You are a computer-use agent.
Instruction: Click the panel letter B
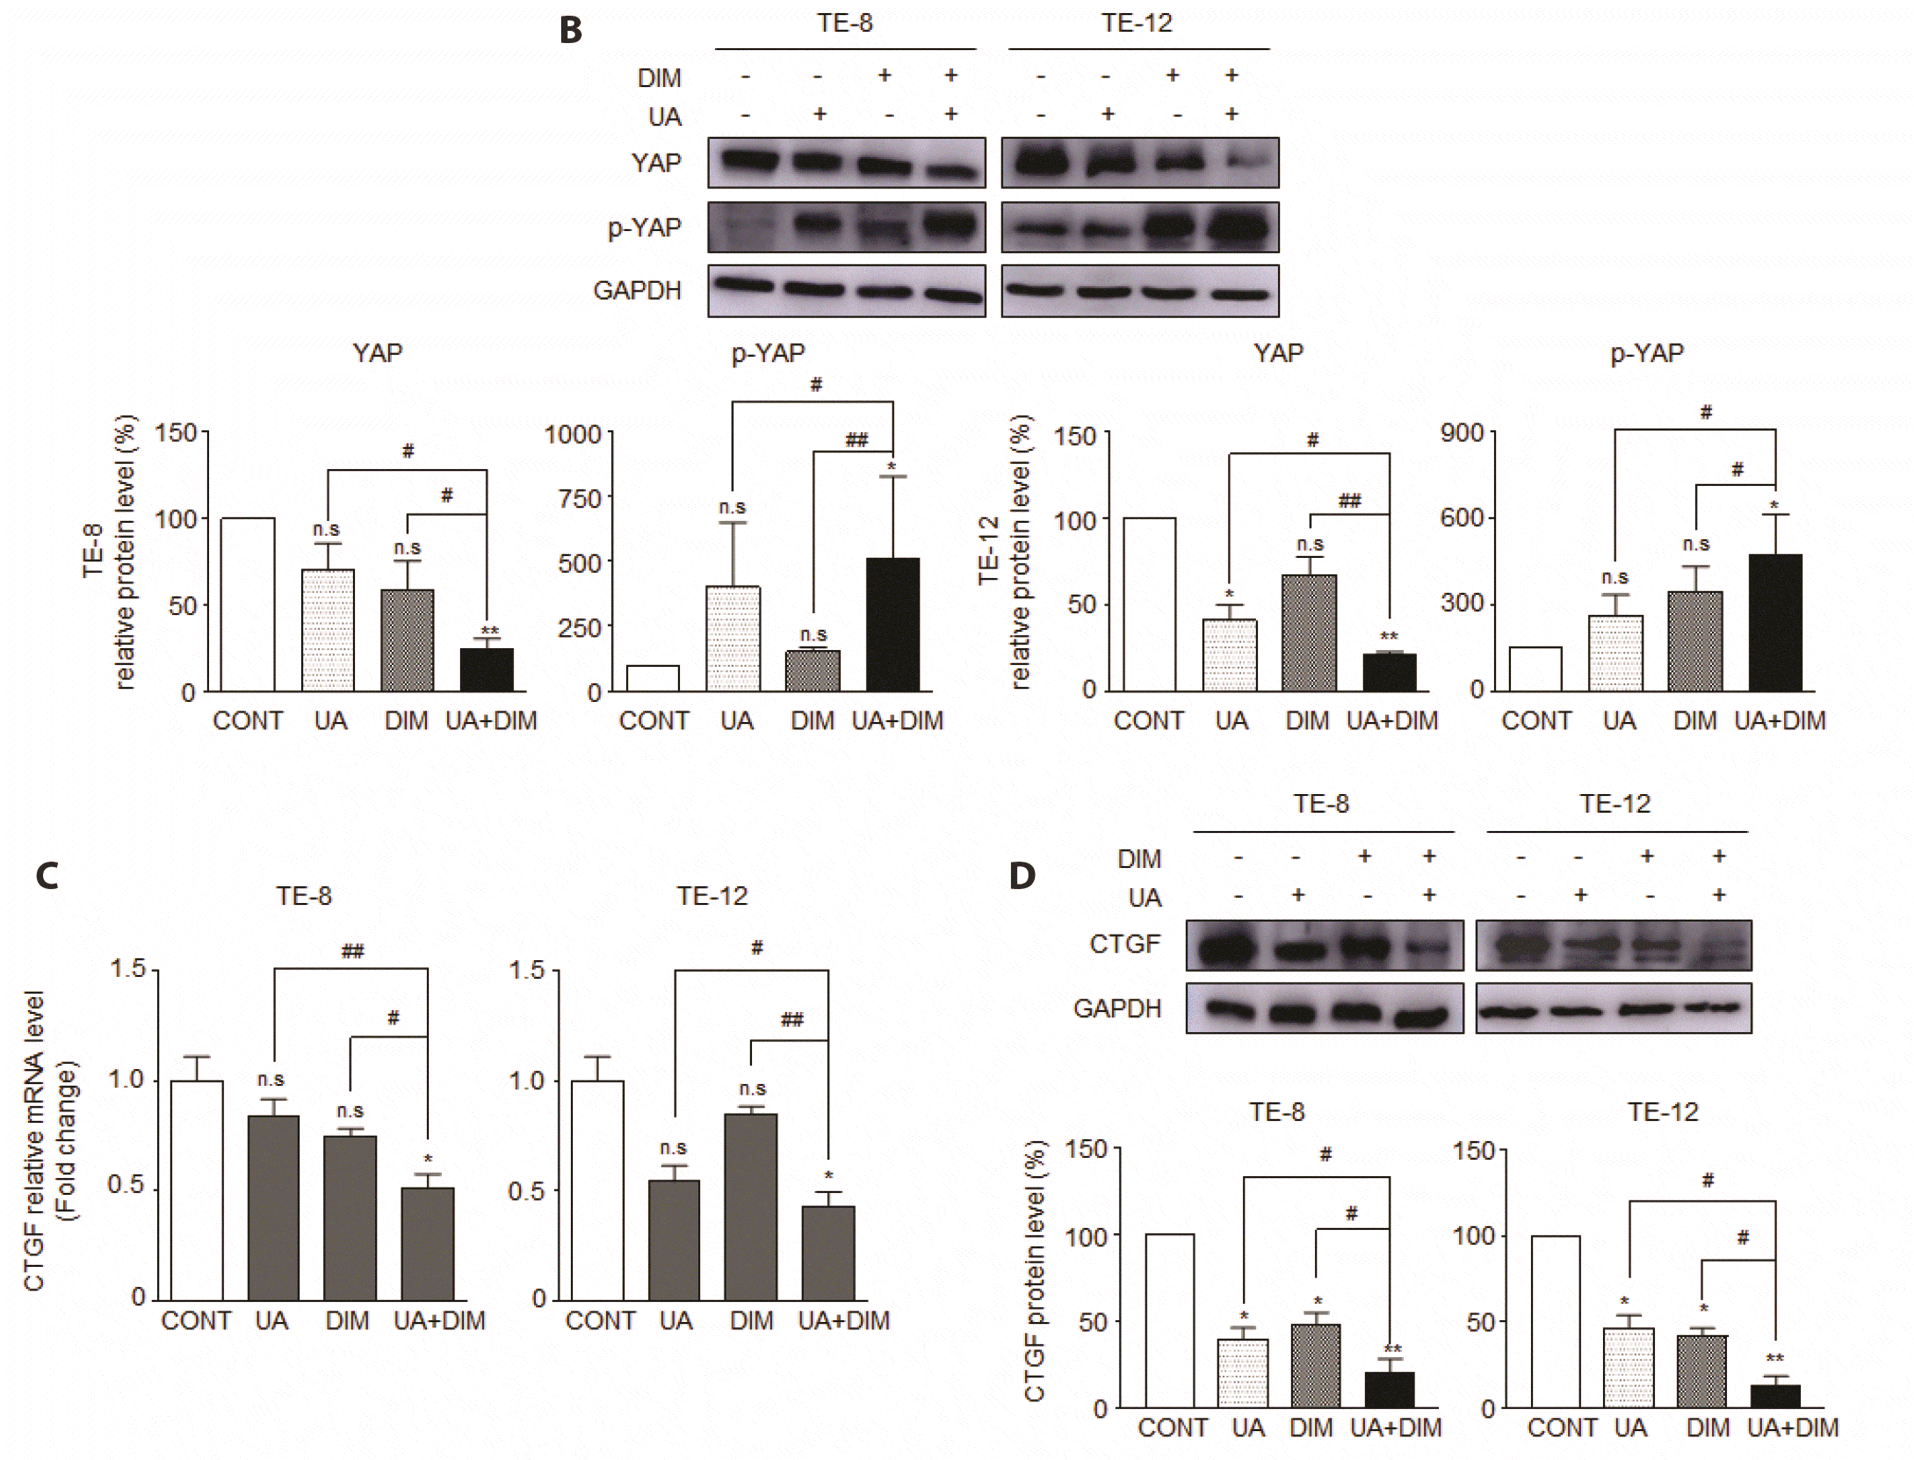(x=570, y=30)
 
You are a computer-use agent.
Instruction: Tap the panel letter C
(x=47, y=875)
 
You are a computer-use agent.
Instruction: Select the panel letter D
(x=1022, y=875)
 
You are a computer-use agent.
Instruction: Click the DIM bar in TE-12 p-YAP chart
(x=1695, y=641)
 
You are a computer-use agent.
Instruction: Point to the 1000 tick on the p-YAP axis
(x=573, y=434)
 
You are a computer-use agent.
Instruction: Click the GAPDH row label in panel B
(x=637, y=290)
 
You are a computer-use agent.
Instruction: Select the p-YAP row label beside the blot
(x=644, y=228)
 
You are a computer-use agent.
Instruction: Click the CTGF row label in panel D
(x=1124, y=944)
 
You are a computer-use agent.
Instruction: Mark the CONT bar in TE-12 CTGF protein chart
(x=1555, y=1321)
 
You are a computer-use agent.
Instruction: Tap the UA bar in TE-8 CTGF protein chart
(x=1243, y=1373)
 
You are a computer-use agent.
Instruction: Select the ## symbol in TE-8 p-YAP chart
(x=857, y=440)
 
